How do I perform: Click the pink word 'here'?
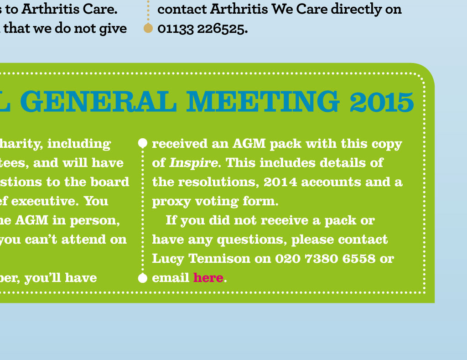point(208,278)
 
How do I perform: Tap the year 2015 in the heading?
point(382,102)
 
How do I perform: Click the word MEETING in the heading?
point(263,101)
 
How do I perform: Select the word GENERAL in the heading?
point(99,101)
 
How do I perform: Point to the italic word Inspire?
point(193,163)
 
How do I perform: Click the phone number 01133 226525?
point(202,29)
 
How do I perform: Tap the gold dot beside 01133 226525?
point(148,28)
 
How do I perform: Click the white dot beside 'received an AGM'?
point(143,143)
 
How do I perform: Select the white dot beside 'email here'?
point(143,278)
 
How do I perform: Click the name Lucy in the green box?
point(168,259)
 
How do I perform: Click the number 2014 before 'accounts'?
point(280,182)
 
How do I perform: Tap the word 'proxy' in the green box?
point(171,202)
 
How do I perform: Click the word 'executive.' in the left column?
point(45,201)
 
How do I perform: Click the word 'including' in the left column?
point(79,144)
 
